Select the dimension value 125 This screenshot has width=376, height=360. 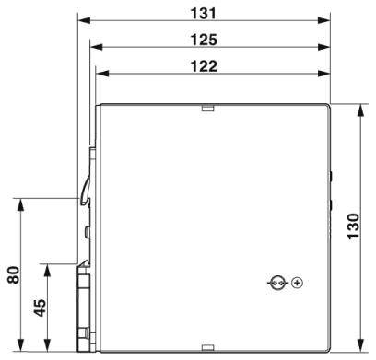pyautogui.click(x=203, y=39)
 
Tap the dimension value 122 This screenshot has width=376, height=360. pyautogui.click(x=204, y=65)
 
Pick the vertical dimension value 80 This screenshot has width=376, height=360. pyautogui.click(x=12, y=274)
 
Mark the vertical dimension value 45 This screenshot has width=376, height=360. pyautogui.click(x=39, y=308)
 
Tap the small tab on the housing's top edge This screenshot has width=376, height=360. pyautogui.click(x=208, y=107)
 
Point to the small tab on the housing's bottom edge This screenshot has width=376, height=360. pyautogui.click(x=208, y=348)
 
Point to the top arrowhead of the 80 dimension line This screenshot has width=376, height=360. pyautogui.click(x=20, y=202)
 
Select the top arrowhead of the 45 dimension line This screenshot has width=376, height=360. pyautogui.click(x=47, y=268)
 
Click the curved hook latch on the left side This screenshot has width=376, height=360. pyautogui.click(x=86, y=189)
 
